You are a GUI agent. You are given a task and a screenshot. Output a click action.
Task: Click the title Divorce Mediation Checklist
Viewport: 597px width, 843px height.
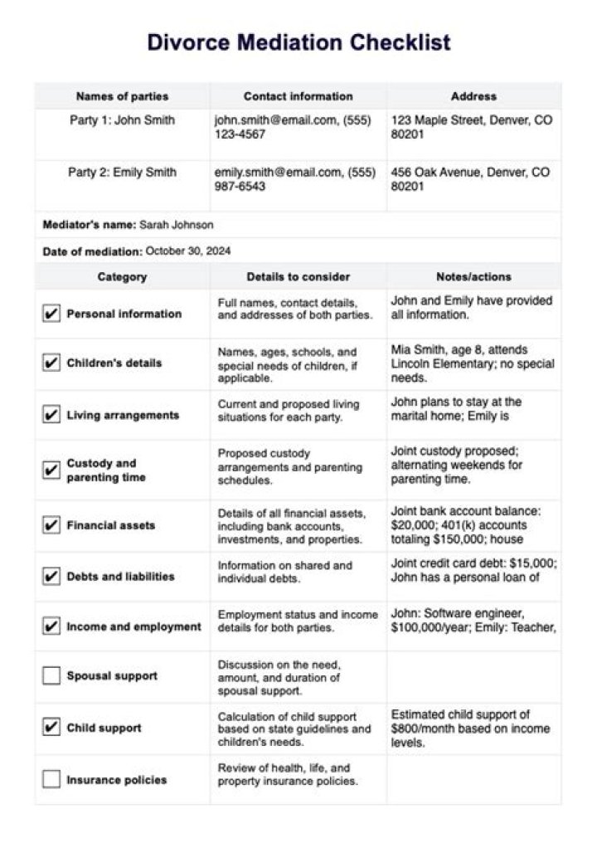tap(298, 42)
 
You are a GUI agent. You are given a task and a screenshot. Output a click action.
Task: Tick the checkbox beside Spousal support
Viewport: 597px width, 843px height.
tap(51, 676)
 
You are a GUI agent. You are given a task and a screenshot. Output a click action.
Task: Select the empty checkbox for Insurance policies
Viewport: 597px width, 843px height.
tap(51, 780)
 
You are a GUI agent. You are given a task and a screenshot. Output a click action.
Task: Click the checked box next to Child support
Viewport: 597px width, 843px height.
tap(51, 728)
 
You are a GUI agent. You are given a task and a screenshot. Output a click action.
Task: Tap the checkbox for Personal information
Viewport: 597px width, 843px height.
tap(51, 314)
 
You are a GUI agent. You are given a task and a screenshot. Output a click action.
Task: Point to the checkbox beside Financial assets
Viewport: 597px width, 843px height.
tap(51, 525)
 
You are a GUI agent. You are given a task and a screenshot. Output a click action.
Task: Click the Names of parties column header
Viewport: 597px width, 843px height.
tap(122, 96)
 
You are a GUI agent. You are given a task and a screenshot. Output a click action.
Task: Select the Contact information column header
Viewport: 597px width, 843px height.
tap(298, 96)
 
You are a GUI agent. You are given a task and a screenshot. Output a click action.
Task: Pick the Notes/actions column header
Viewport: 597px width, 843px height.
tap(473, 96)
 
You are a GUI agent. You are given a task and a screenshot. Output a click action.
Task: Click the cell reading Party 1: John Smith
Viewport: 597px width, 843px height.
tap(122, 120)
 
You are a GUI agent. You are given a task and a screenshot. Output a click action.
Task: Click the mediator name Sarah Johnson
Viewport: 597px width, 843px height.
tap(176, 225)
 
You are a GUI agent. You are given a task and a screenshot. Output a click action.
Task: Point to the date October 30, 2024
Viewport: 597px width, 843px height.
tap(188, 251)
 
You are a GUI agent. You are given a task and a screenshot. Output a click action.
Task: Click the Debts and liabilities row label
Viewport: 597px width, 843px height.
tap(120, 577)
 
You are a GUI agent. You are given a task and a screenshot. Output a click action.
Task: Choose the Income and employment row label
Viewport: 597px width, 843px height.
tap(133, 627)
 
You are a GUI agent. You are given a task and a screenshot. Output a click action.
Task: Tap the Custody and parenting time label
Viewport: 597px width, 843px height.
tap(106, 470)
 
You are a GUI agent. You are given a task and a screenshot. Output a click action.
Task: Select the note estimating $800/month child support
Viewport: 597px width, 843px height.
tap(470, 728)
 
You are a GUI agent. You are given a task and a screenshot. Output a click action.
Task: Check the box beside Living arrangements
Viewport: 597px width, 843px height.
tap(51, 415)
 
